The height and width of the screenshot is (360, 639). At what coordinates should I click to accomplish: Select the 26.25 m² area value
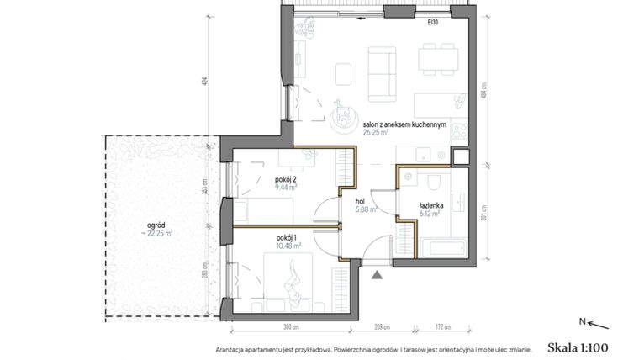pyautogui.click(x=376, y=131)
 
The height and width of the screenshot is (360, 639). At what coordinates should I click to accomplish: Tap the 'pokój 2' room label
pyautogui.click(x=286, y=180)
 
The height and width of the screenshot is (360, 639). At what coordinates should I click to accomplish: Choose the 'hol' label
pyautogui.click(x=360, y=202)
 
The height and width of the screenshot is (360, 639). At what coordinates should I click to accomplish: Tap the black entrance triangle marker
pyautogui.click(x=377, y=273)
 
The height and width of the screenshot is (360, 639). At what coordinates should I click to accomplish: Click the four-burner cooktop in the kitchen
pyautogui.click(x=459, y=131)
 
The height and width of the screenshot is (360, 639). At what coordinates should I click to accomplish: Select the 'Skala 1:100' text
pyautogui.click(x=577, y=347)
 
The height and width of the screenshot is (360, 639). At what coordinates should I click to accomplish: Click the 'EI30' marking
pyautogui.click(x=431, y=23)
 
